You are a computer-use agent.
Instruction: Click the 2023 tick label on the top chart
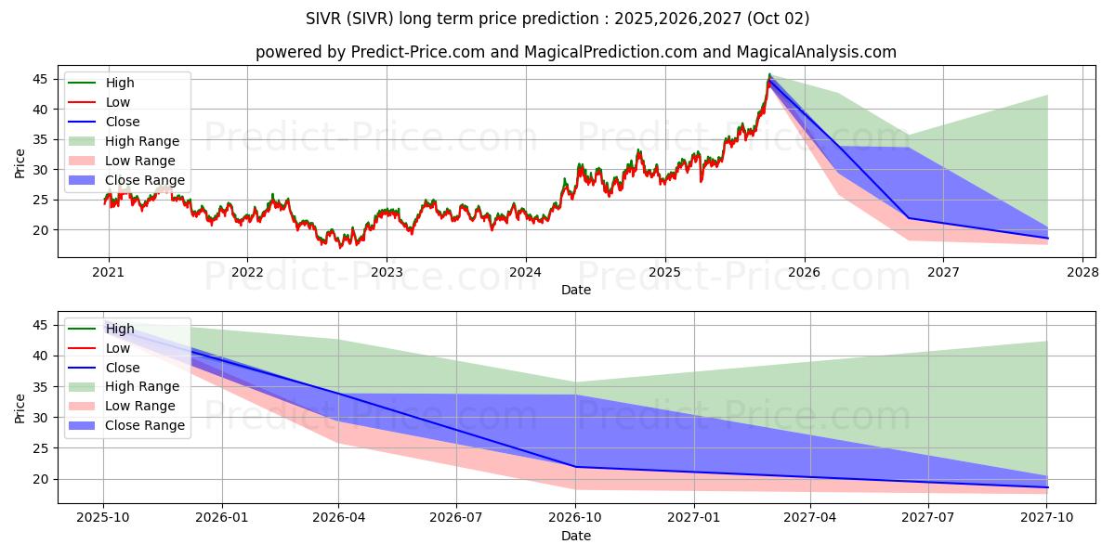point(386,272)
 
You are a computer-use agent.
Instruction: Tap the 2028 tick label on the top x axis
point(1082,272)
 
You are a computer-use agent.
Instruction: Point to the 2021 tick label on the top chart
point(108,272)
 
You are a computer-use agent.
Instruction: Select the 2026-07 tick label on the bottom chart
point(456,517)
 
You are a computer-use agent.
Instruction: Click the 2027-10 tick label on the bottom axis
point(1047,517)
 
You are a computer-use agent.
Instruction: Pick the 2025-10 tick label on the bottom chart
point(103,517)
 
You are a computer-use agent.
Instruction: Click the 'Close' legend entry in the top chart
point(123,122)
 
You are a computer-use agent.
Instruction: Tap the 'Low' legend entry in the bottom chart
point(118,348)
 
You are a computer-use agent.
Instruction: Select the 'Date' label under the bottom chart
point(576,536)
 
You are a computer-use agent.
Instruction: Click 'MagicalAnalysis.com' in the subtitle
point(817,52)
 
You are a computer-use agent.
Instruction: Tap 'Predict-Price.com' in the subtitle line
point(418,52)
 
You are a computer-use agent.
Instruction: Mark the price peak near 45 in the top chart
point(769,75)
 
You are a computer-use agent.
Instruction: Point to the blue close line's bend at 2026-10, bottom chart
point(576,467)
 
